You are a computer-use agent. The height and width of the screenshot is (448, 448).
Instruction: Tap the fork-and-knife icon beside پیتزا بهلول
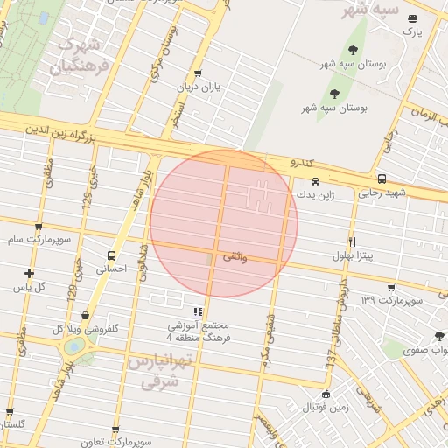(352, 241)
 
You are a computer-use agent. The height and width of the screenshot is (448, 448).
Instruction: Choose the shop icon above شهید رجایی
(381, 178)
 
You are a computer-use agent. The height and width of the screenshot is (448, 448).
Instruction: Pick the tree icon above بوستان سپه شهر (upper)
(353, 50)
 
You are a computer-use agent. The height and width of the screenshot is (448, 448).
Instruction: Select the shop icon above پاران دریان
(198, 73)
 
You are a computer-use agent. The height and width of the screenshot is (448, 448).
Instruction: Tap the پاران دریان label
(197, 87)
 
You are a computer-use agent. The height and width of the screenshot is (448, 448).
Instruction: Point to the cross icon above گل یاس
(30, 273)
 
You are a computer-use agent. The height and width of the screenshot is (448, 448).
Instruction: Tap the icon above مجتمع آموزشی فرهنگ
(198, 311)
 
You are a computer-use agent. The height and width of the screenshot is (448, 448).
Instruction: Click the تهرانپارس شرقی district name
(157, 371)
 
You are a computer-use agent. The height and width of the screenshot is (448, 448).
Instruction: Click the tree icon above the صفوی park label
(439, 336)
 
